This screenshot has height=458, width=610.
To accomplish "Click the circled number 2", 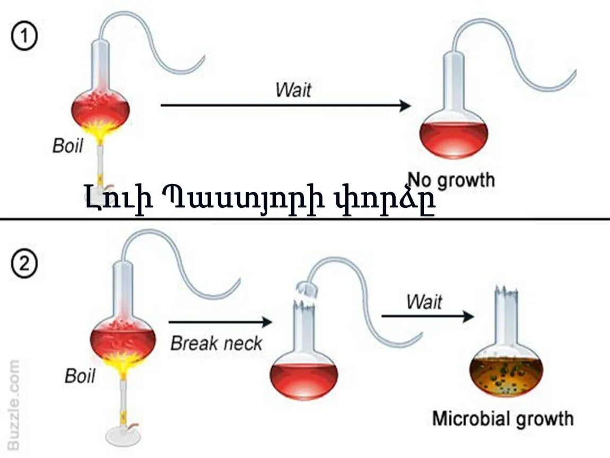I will click(x=24, y=265).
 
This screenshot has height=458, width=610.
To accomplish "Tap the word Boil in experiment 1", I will click(x=68, y=146).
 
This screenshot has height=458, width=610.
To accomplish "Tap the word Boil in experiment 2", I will click(x=80, y=376).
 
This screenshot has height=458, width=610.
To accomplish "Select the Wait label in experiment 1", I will click(x=293, y=90).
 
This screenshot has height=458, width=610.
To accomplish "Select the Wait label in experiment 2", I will click(x=424, y=302).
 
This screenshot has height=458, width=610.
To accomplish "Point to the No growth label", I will click(x=451, y=180).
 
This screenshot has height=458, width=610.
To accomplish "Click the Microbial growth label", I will click(x=502, y=418).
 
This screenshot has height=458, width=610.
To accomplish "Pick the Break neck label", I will click(x=216, y=343).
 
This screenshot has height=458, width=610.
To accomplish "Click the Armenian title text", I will click(x=260, y=200).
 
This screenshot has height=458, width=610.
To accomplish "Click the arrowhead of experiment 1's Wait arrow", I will click(x=405, y=105).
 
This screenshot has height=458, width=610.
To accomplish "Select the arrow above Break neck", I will click(x=220, y=321).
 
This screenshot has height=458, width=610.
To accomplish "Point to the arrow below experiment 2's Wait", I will click(x=427, y=316).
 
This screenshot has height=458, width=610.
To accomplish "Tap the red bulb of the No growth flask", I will click(x=454, y=139).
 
